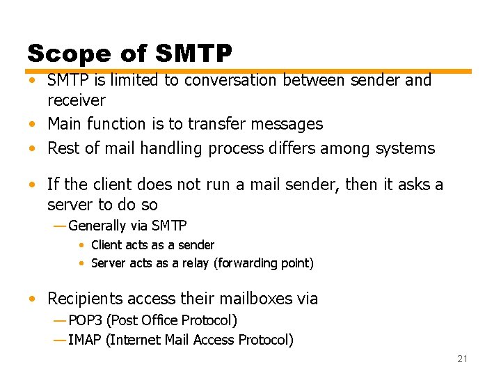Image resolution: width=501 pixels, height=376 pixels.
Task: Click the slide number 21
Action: click(x=462, y=359)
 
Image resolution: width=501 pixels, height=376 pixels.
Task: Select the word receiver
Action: click(x=76, y=100)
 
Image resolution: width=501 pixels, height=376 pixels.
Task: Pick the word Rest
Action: click(x=63, y=148)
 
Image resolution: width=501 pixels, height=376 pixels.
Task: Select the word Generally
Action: click(x=97, y=226)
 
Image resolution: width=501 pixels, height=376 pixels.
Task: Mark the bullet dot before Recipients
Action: click(x=33, y=299)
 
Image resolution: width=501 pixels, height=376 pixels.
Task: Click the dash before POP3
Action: click(x=60, y=321)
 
